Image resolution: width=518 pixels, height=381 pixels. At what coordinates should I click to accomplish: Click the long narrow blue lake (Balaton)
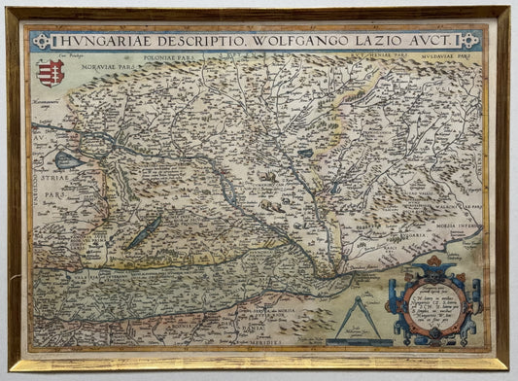[146, 232]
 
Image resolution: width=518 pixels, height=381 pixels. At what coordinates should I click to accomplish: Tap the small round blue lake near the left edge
[66, 160]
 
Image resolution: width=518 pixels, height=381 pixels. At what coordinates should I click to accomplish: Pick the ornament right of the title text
[468, 41]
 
